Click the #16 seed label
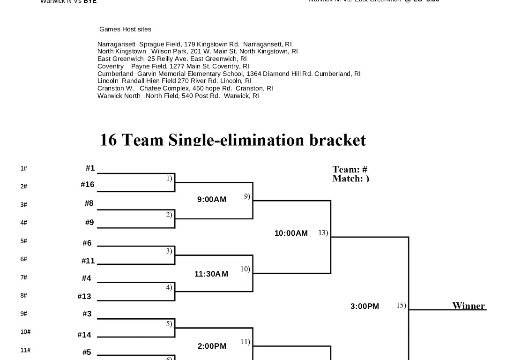tap(88, 185)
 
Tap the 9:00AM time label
tap(212, 200)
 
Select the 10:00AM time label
tap(291, 233)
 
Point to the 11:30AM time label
tap(211, 274)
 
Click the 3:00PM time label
tap(365, 307)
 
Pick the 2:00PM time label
tap(212, 346)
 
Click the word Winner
tap(469, 306)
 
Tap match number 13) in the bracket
tap(323, 232)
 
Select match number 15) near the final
tap(401, 306)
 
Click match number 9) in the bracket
tap(247, 196)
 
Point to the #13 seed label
tap(84, 297)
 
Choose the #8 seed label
tap(89, 203)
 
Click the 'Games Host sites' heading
tap(125, 30)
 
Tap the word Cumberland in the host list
tap(115, 74)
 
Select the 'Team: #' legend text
tap(350, 170)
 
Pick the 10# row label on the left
tap(25, 332)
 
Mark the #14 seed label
tap(84, 335)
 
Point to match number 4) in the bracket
tap(169, 287)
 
